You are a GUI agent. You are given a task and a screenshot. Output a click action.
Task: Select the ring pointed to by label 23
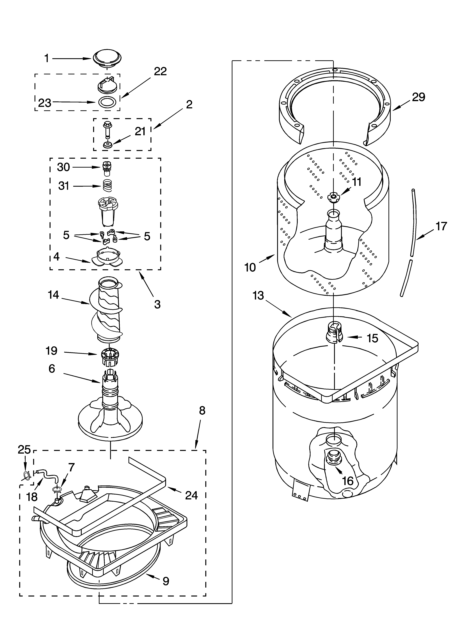(x=107, y=102)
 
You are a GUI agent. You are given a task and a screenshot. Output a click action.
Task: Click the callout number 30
(x=64, y=167)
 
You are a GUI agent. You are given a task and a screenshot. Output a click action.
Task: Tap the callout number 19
(x=52, y=351)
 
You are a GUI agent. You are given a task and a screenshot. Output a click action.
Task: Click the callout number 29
(x=419, y=97)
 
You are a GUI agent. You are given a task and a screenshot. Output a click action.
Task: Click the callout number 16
(x=348, y=481)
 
